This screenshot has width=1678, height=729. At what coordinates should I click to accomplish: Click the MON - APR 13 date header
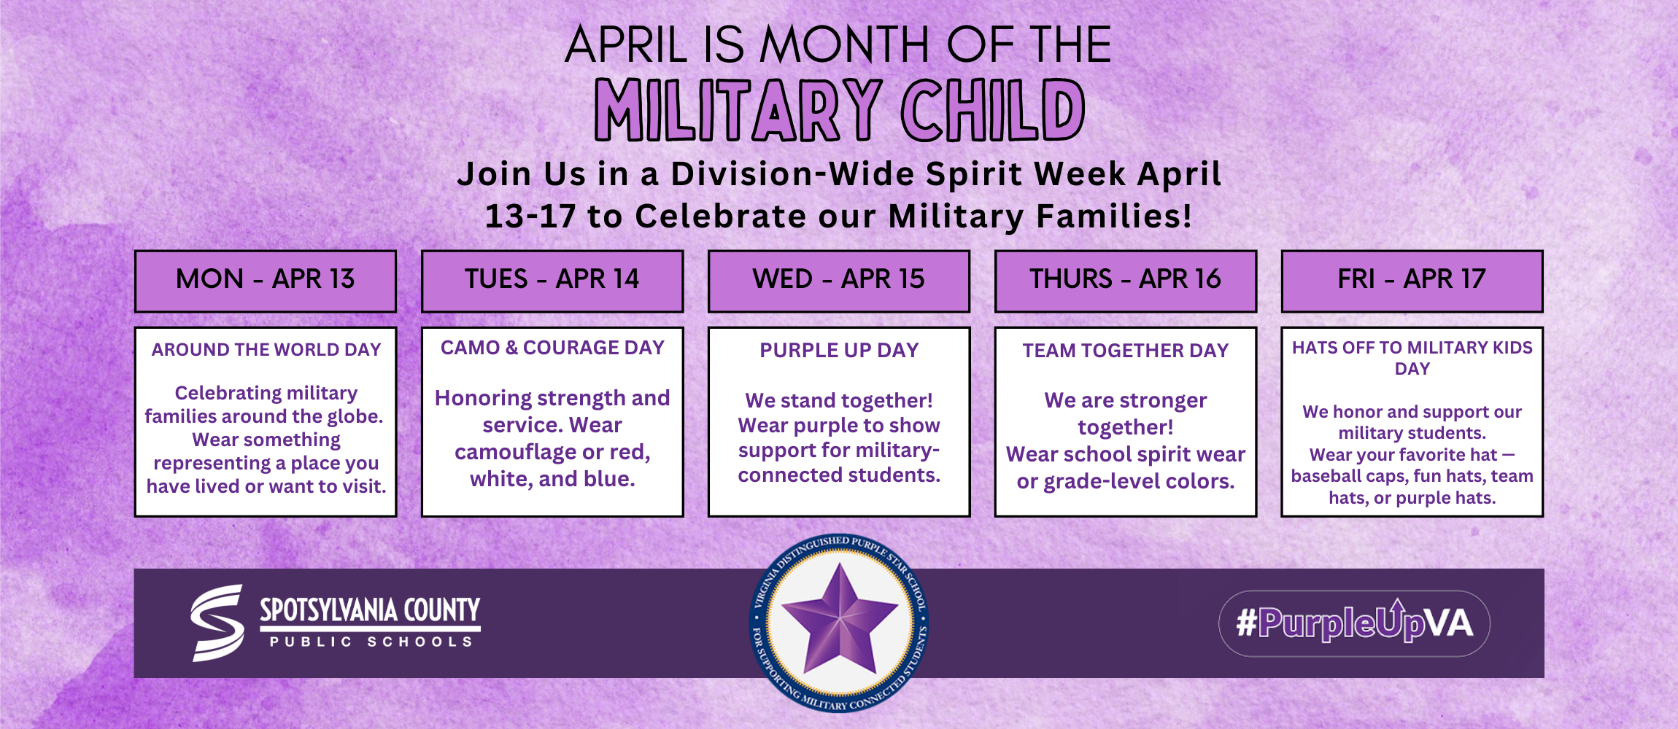coord(265,280)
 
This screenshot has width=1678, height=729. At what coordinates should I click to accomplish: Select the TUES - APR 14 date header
coord(552,280)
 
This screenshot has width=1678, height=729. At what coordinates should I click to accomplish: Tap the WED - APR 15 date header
coord(838,280)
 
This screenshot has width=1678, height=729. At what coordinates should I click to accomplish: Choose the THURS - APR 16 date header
coord(1125,280)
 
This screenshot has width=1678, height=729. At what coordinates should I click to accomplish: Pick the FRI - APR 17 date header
coord(1412,280)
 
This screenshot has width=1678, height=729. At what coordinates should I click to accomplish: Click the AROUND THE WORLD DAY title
coord(266,350)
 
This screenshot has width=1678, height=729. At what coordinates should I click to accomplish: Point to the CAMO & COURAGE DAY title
coord(552,348)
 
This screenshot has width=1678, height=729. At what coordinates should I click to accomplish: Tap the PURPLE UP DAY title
coord(839,351)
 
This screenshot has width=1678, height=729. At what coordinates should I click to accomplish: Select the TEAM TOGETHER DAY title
coord(1125,351)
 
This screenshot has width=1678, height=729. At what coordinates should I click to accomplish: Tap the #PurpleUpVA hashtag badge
coord(1354,623)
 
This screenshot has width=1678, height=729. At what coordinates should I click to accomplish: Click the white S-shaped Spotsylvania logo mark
coord(217,623)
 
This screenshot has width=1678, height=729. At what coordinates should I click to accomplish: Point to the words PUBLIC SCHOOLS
coord(371,642)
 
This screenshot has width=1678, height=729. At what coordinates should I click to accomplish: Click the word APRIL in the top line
coord(626,45)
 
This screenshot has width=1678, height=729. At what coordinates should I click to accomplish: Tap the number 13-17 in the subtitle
coord(530,217)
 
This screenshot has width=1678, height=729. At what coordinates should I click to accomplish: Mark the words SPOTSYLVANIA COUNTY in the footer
coord(371,609)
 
